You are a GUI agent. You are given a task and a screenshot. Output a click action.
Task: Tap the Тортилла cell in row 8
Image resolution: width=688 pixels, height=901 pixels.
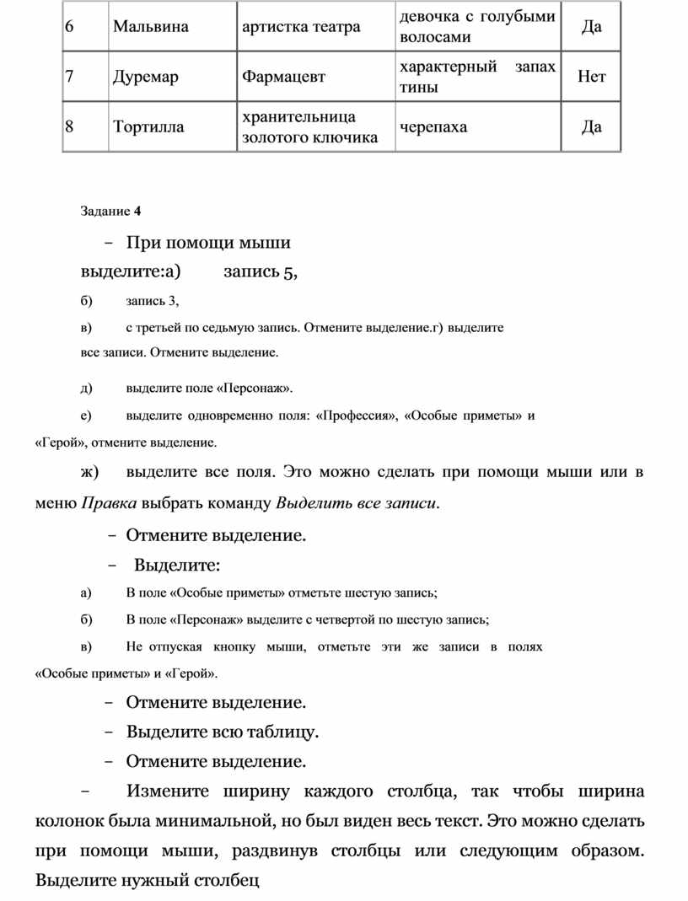148,127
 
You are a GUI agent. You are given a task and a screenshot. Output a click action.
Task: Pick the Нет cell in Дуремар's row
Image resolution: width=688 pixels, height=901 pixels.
592,78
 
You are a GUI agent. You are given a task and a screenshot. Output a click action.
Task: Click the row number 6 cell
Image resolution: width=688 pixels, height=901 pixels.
69,26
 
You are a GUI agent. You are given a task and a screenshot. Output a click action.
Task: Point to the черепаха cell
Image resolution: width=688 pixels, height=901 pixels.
433,127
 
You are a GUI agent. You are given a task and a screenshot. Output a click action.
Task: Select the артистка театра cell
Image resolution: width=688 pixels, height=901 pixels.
301,26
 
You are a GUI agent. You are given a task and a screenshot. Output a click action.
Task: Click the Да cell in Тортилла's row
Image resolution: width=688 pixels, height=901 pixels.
592,127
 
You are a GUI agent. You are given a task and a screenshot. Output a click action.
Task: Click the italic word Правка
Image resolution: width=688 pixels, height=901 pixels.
109,504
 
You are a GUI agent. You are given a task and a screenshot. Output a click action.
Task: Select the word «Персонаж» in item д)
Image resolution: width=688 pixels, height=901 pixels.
254,388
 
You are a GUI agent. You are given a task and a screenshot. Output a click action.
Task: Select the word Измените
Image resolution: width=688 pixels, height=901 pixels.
169,791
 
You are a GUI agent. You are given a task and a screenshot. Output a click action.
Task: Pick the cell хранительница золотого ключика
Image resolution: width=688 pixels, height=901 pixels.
309,127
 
